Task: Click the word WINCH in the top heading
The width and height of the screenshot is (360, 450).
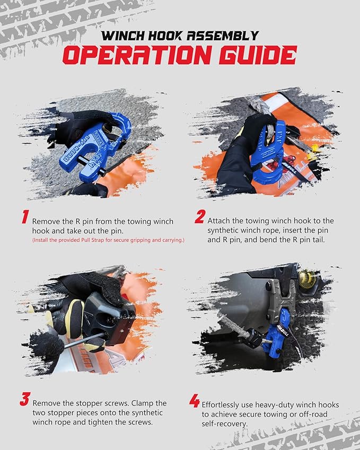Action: [x=126, y=36]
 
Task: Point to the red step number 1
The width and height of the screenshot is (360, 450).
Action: [x=24, y=217]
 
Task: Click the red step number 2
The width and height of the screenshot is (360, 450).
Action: [x=199, y=217]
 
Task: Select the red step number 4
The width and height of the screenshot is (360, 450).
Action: [x=194, y=401]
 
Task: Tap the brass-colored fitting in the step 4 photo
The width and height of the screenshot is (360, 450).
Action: [x=306, y=277]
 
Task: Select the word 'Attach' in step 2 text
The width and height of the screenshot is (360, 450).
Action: [x=219, y=220]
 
